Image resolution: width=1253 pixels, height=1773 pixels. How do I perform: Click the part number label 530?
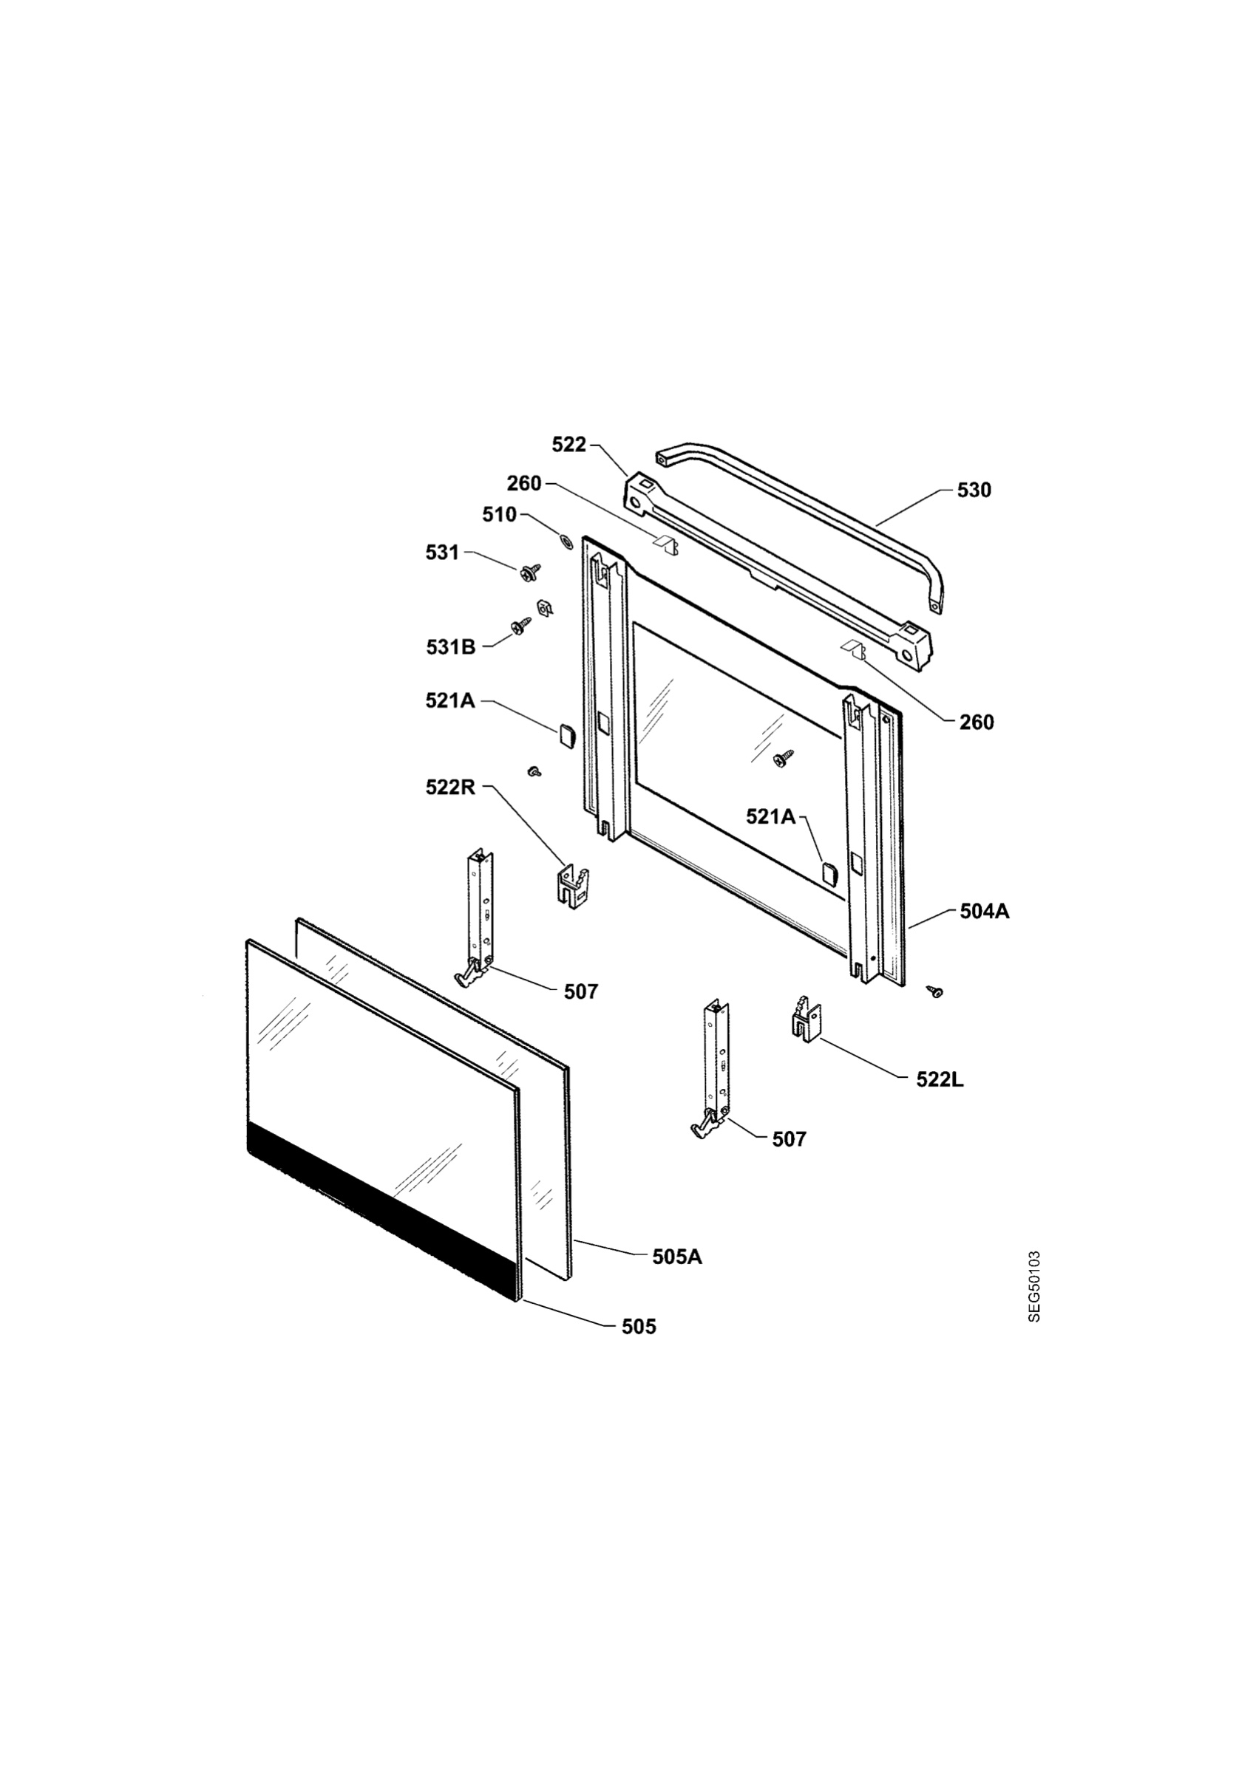pyautogui.click(x=974, y=491)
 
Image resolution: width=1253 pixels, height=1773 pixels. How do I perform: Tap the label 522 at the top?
pyautogui.click(x=569, y=445)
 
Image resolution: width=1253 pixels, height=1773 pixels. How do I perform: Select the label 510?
pyautogui.click(x=499, y=515)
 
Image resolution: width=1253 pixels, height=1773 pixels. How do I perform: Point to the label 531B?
pyautogui.click(x=450, y=647)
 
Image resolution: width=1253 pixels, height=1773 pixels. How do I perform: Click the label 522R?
pyautogui.click(x=450, y=788)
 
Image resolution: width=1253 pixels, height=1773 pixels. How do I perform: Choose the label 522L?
pyautogui.click(x=940, y=1079)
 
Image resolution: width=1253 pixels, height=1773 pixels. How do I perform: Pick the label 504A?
pyautogui.click(x=984, y=911)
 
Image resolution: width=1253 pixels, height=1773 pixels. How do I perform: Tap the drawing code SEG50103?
pyautogui.click(x=1034, y=1286)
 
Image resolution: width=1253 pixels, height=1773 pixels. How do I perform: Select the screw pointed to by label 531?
pyautogui.click(x=531, y=573)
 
